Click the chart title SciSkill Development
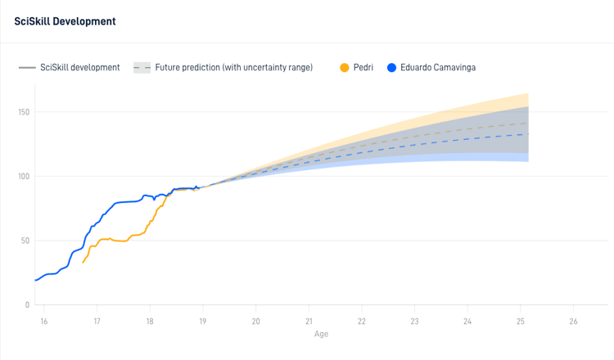[65, 20]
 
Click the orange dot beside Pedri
[345, 67]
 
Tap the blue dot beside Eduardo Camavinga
[391, 67]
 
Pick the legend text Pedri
[363, 67]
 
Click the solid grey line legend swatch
[27, 67]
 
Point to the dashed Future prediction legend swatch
[142, 67]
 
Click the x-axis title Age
[321, 334]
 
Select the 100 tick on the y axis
[23, 177]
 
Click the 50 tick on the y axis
[25, 241]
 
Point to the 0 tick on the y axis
[27, 305]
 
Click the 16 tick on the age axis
[44, 322]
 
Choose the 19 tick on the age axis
[203, 322]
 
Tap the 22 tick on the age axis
[362, 322]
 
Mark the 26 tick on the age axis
[573, 322]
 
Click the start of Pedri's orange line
[84, 262]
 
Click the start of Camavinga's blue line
[35, 280]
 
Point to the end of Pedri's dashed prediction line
[528, 123]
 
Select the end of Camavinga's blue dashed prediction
[528, 134]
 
